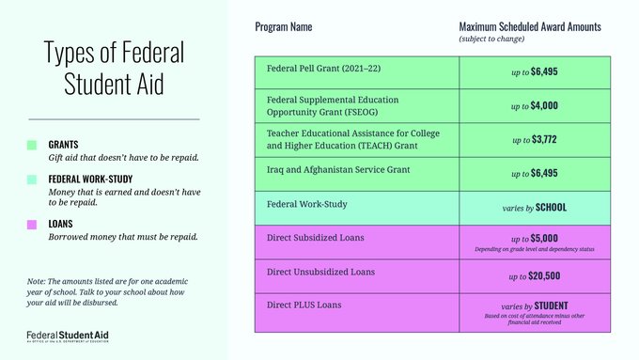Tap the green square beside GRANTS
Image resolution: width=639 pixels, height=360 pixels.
[32, 145]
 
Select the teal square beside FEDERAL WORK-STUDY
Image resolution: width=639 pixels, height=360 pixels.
[32, 179]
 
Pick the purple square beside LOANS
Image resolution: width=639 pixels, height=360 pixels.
[32, 224]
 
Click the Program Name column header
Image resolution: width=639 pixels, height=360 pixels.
[284, 26]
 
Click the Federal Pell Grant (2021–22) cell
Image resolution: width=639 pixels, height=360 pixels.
[324, 70]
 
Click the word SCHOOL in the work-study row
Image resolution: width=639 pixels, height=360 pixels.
[550, 207]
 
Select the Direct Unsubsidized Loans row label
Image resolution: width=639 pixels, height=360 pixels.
[322, 273]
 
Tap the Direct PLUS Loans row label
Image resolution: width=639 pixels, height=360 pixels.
[303, 305]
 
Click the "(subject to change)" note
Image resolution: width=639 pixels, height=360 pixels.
[492, 39]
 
